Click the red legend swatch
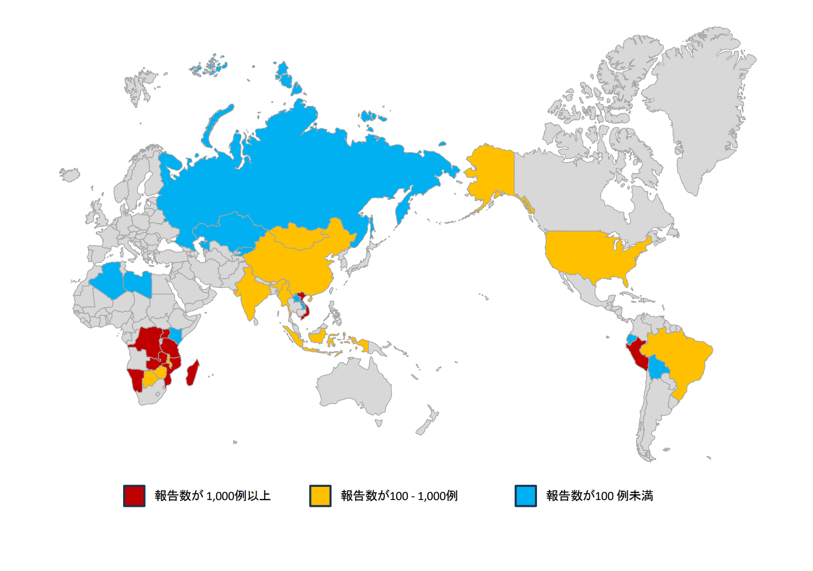[134, 496]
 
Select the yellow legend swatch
[320, 496]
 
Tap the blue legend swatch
[526, 496]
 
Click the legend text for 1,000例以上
[213, 496]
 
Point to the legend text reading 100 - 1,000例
[399, 496]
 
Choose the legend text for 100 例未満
[600, 496]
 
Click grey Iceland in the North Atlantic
[70, 174]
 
